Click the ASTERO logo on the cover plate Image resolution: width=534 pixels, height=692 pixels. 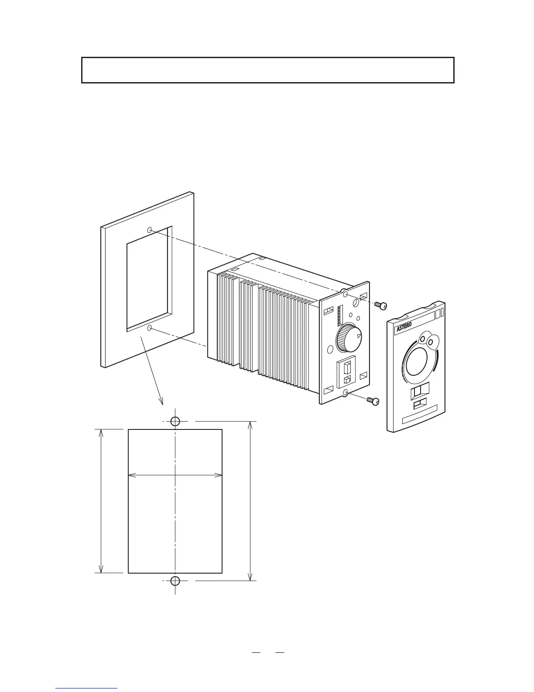(x=406, y=329)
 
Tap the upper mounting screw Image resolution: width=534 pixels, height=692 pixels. (x=381, y=306)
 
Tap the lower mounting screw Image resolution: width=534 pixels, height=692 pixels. (x=373, y=401)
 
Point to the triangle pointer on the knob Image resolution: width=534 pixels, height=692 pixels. (x=358, y=336)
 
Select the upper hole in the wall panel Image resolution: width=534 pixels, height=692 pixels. (x=150, y=229)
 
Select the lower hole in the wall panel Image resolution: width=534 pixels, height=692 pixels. (x=150, y=328)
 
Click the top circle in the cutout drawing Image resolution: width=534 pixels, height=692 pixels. (x=175, y=421)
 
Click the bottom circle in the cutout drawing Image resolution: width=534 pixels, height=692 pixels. (x=175, y=581)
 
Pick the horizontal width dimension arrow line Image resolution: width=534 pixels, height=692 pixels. (x=175, y=475)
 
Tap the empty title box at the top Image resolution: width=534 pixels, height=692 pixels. (x=268, y=70)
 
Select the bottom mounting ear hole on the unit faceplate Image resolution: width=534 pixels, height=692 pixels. (x=346, y=393)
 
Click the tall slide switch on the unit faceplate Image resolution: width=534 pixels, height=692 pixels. (x=348, y=366)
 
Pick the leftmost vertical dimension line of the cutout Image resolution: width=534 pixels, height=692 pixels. (x=101, y=501)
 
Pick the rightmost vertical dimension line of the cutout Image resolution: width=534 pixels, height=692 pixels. (x=250, y=501)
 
